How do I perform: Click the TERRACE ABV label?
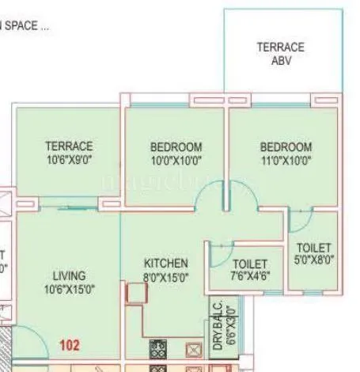coord(280,53)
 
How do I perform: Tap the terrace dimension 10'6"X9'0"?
coord(69,160)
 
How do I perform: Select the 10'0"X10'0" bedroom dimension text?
coord(176,161)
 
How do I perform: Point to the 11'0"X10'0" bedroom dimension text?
coord(285,161)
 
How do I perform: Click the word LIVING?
coord(69,275)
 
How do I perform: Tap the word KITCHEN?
coord(165,263)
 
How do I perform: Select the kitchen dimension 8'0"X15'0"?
coord(165,276)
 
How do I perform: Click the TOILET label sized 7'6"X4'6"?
coord(250,264)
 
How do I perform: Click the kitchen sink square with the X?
coord(191,348)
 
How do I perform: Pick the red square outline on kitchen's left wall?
coord(136,294)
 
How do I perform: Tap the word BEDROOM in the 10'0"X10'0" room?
coord(176,147)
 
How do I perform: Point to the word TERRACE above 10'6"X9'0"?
coord(69,146)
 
